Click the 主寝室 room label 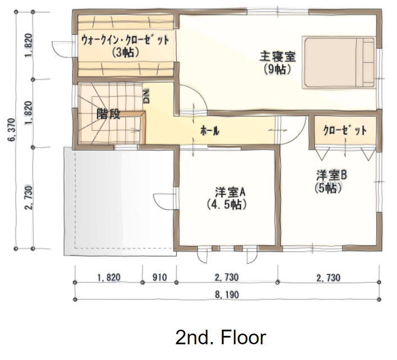(x=277, y=57)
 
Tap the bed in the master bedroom (x=339, y=63)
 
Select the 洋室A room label (x=230, y=193)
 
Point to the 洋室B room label (x=331, y=175)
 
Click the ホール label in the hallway (x=209, y=131)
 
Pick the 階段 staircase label (x=108, y=114)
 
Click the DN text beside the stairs (x=147, y=96)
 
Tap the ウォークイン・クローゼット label (x=125, y=40)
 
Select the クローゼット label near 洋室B (x=345, y=130)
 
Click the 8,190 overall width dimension (x=227, y=295)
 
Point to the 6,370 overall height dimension (x=12, y=130)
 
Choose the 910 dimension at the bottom (x=159, y=277)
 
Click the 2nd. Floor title (x=221, y=338)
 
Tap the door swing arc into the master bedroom (x=200, y=93)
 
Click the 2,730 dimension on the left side (x=29, y=198)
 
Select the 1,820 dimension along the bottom (x=109, y=277)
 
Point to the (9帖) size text (x=277, y=69)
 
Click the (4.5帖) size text (x=227, y=204)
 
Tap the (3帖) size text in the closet (x=125, y=52)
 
